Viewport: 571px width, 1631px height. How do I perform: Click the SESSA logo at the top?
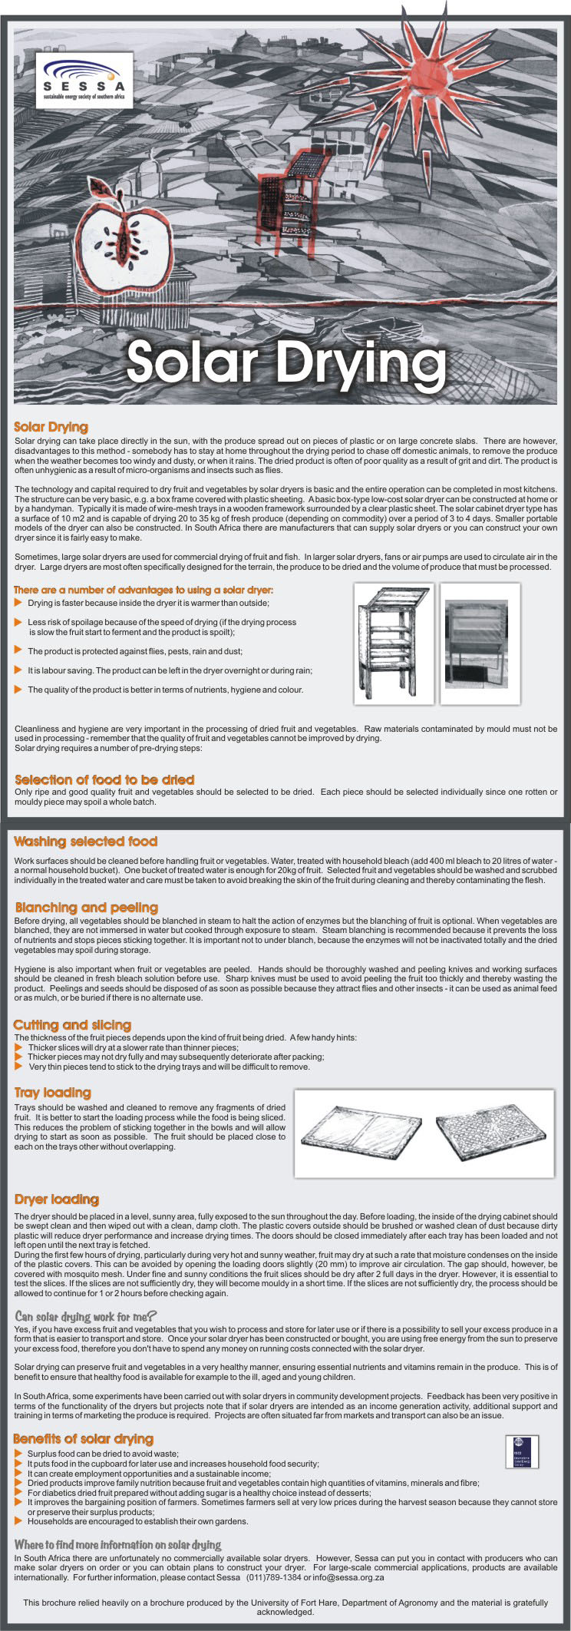[88, 80]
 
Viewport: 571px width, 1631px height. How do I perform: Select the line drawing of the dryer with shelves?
[393, 643]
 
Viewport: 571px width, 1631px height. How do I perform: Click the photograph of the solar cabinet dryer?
[480, 643]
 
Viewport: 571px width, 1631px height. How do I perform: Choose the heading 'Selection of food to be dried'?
[104, 779]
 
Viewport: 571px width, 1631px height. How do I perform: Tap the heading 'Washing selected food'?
[85, 842]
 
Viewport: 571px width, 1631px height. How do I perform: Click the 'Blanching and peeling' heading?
[86, 908]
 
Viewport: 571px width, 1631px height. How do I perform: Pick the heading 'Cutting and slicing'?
[72, 1025]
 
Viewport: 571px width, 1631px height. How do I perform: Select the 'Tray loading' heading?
[52, 1093]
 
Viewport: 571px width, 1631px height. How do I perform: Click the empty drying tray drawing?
[361, 1133]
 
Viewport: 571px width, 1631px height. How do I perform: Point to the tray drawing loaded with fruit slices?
[490, 1132]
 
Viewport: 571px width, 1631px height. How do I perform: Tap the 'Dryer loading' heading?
[57, 1199]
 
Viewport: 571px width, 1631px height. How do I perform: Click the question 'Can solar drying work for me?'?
[86, 1316]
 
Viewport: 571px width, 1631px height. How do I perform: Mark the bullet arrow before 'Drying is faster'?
[18, 603]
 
